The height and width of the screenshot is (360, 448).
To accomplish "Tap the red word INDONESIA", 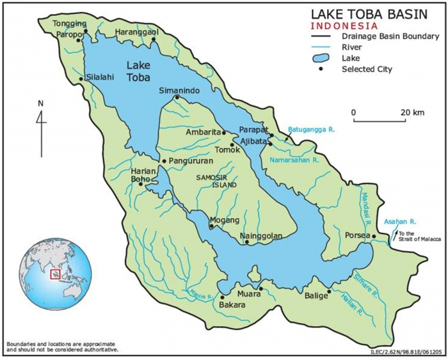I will point(343,26).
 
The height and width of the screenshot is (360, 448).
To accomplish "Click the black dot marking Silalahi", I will point(81,79).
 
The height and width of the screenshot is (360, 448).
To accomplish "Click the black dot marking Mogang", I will point(211,226).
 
